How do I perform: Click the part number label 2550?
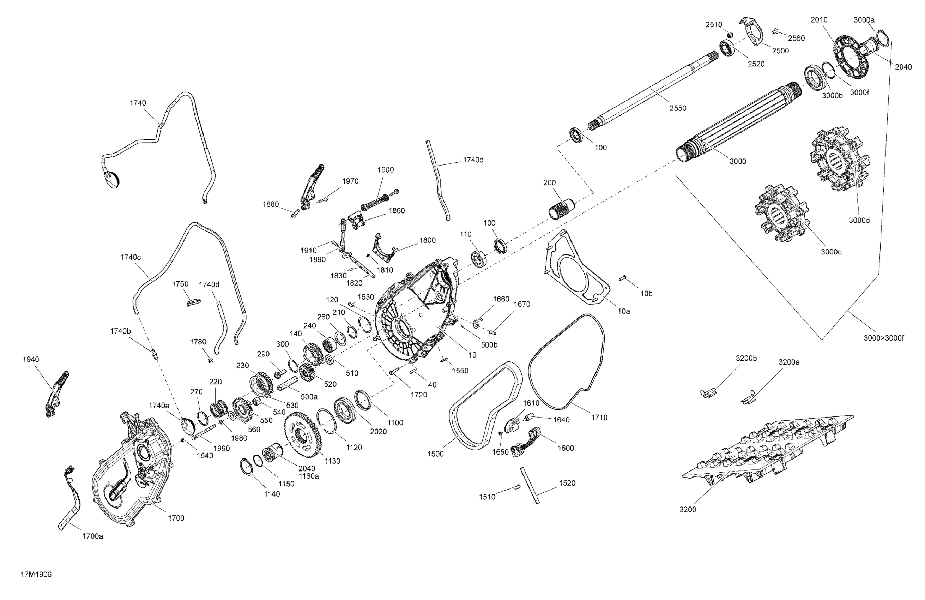[678, 108]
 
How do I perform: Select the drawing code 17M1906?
[36, 574]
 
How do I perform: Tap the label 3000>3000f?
[884, 338]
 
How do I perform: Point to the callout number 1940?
[31, 359]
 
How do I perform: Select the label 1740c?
[131, 257]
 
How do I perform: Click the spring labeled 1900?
[375, 201]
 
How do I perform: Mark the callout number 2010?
[819, 20]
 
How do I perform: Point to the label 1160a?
[309, 476]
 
